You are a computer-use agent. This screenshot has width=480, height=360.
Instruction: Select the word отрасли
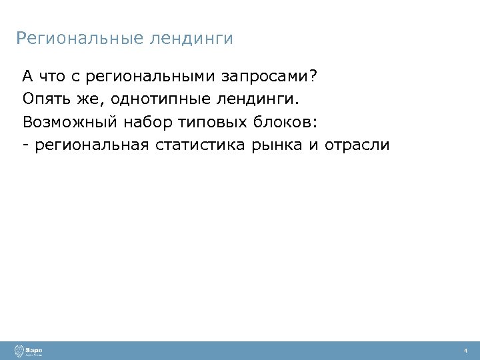tap(357, 145)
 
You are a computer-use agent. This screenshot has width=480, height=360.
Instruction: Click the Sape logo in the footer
tap(30, 351)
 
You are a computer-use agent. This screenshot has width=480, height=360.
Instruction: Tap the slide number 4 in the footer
tap(465, 351)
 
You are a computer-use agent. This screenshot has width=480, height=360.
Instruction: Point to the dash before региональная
tap(25, 145)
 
